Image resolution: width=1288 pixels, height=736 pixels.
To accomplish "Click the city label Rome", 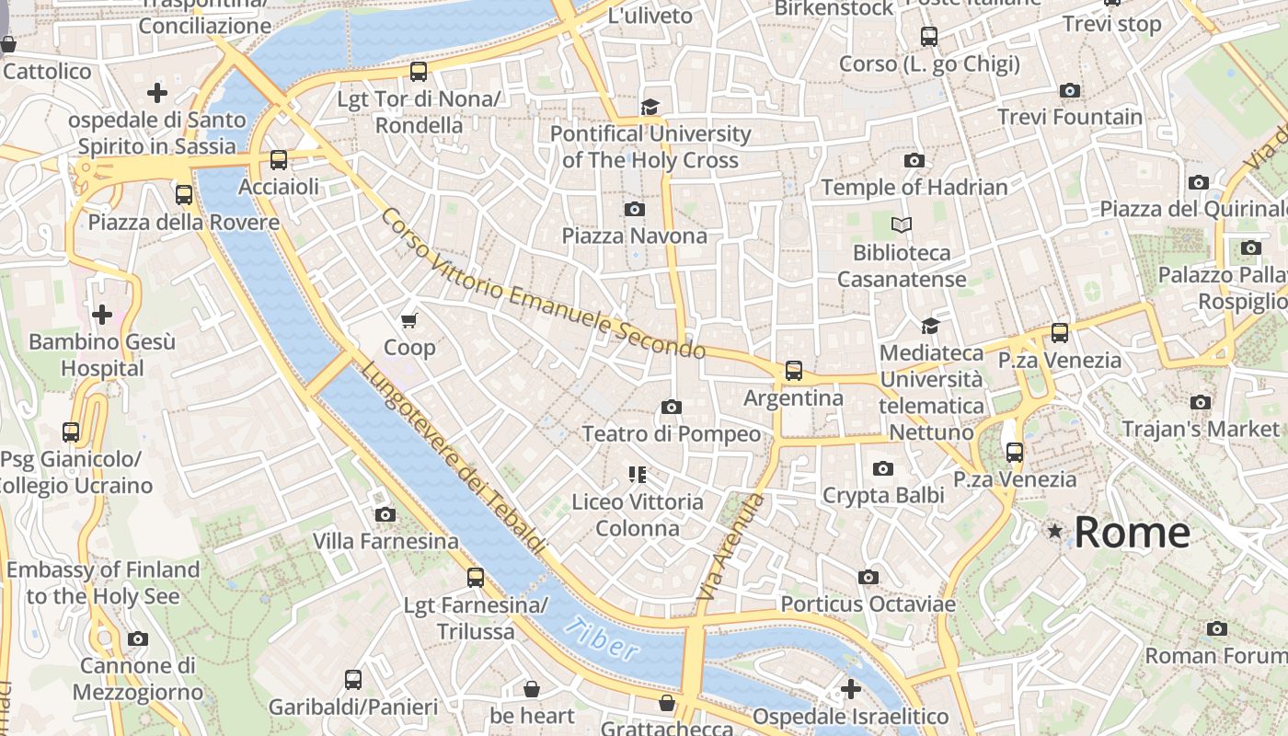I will [1132, 533].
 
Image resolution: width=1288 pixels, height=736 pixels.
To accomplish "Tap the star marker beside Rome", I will [1054, 532].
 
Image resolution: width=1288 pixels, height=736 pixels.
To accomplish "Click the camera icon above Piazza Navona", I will [634, 210].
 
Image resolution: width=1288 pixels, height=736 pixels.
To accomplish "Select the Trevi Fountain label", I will [1070, 117].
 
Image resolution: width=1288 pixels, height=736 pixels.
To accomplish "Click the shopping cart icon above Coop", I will [409, 320].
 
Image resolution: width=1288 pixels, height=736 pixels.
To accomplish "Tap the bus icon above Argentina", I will [793, 371].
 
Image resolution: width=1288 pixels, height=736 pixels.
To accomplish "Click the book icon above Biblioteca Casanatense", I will [902, 224].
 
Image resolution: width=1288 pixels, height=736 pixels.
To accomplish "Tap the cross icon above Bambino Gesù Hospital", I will [101, 315].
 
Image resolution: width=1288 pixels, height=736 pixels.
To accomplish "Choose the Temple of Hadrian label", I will [914, 187].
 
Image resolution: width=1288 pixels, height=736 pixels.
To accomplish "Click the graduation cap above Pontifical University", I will [650, 107].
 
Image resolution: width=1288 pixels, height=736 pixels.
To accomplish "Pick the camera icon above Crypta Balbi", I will [883, 469].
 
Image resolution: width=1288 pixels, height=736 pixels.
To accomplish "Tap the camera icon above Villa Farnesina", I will [385, 514].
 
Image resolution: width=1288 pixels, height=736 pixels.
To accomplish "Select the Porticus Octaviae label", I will [868, 604].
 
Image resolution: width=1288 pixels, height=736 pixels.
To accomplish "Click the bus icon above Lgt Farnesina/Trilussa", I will [475, 578].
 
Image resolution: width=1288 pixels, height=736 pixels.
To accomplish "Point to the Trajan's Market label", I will [1200, 429].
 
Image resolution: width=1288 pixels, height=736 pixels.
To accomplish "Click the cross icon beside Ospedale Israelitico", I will [851, 689].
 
